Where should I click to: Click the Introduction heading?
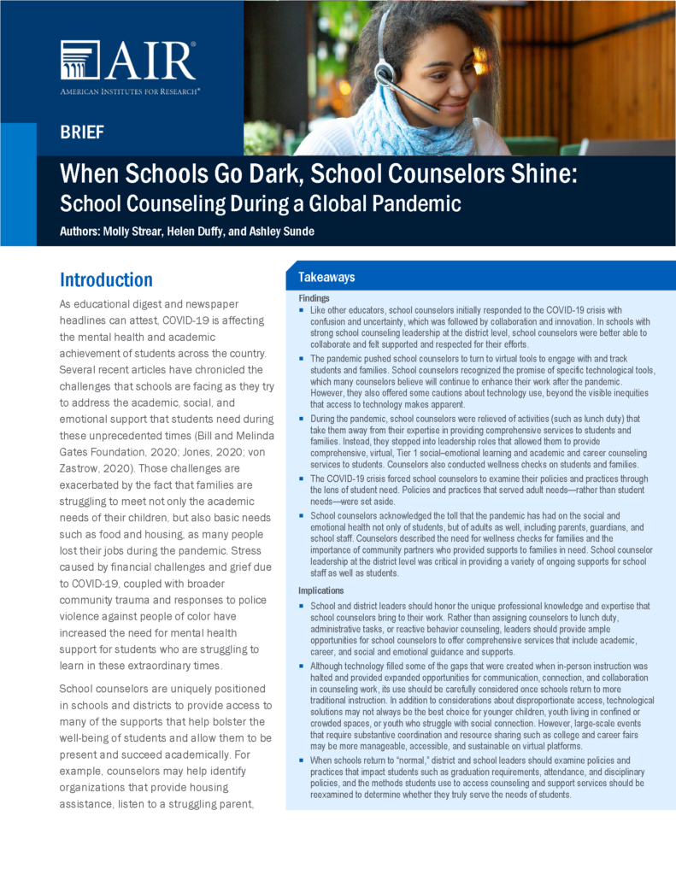[106, 279]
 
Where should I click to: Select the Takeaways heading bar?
[326, 277]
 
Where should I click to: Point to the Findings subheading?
[315, 297]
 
